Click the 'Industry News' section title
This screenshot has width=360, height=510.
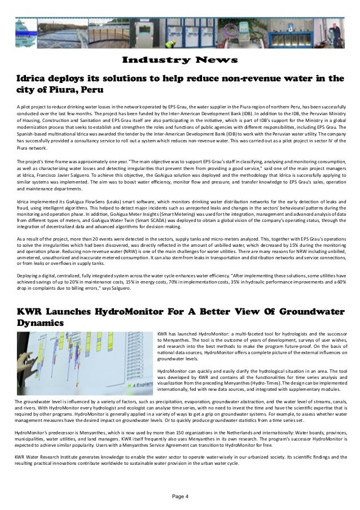(179, 60)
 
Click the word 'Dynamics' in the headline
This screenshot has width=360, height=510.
(40, 322)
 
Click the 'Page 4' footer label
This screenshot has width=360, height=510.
(179, 496)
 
